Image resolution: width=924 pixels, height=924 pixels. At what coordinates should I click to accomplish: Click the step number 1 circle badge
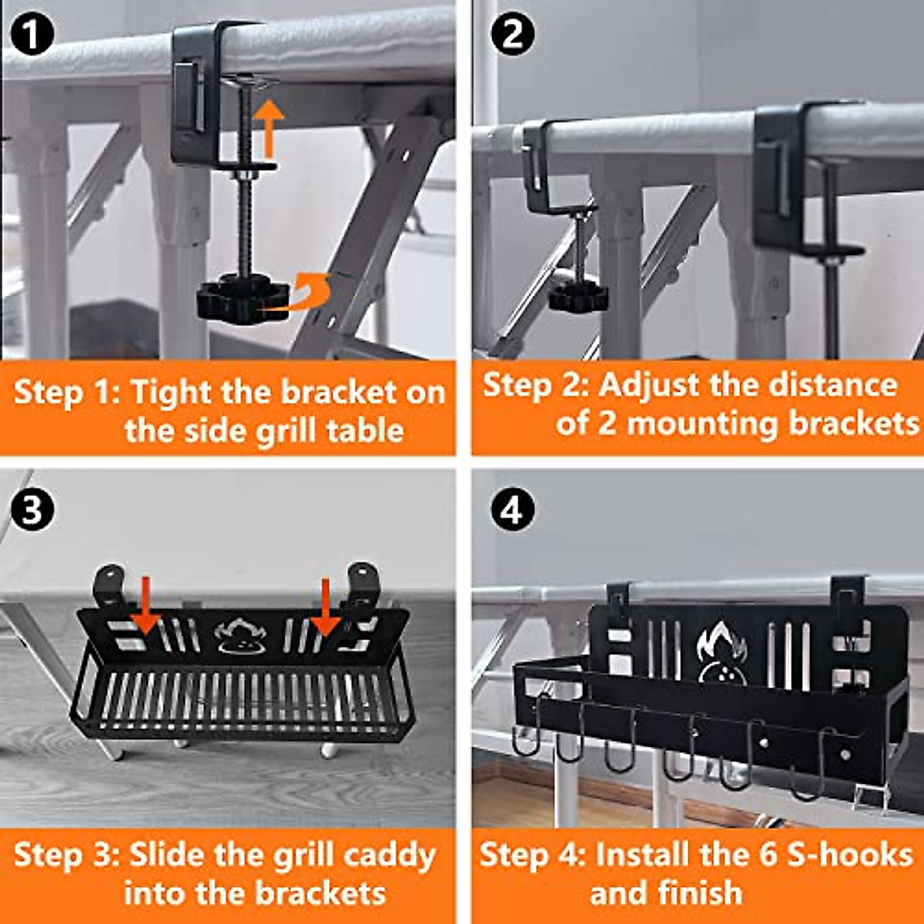click(x=32, y=35)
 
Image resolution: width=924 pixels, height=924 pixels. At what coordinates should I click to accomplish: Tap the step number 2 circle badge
click(x=512, y=35)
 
